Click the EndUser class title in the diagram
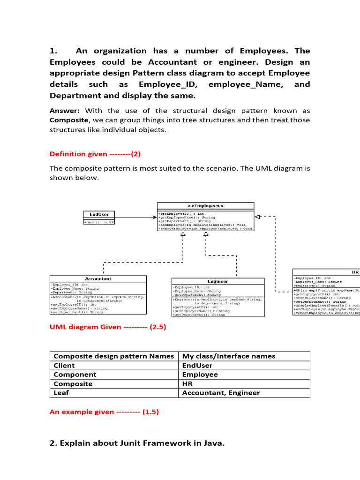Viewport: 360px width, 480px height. (x=99, y=214)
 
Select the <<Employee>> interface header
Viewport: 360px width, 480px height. (x=205, y=206)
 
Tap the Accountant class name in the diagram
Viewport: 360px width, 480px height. (x=98, y=278)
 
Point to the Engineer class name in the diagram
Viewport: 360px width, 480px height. (x=217, y=281)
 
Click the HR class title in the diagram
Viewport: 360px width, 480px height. (x=355, y=272)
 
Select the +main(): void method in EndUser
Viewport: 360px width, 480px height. (x=98, y=222)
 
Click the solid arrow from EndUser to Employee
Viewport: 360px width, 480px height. (x=135, y=217)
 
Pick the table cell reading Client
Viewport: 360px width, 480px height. (x=64, y=365)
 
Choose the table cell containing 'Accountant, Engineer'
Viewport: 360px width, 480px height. (x=221, y=393)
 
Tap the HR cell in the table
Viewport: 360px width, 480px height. (x=187, y=383)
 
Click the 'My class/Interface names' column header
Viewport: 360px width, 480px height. (x=228, y=356)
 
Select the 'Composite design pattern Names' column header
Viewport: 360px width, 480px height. (x=114, y=356)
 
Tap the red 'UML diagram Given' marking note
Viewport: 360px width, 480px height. (x=108, y=327)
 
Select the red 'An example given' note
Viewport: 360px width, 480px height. (x=104, y=412)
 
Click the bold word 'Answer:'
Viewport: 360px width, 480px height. (x=65, y=111)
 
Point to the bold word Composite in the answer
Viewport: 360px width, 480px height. (x=68, y=120)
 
